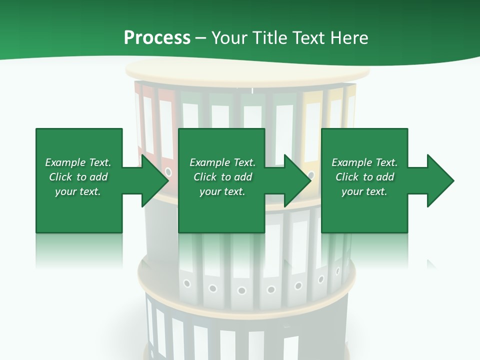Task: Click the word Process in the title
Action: pyautogui.click(x=157, y=37)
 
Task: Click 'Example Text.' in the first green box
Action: pyautogui.click(x=78, y=162)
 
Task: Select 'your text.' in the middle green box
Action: pyautogui.click(x=222, y=191)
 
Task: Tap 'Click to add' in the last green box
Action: pyautogui.click(x=364, y=177)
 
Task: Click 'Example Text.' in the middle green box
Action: pyautogui.click(x=222, y=162)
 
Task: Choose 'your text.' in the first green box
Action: pyautogui.click(x=78, y=191)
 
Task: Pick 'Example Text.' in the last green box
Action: pyautogui.click(x=364, y=162)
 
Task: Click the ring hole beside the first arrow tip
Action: pyautogui.click(x=168, y=172)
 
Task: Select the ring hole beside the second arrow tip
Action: pyautogui.click(x=311, y=175)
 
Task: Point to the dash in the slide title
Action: pyautogui.click(x=201, y=38)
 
